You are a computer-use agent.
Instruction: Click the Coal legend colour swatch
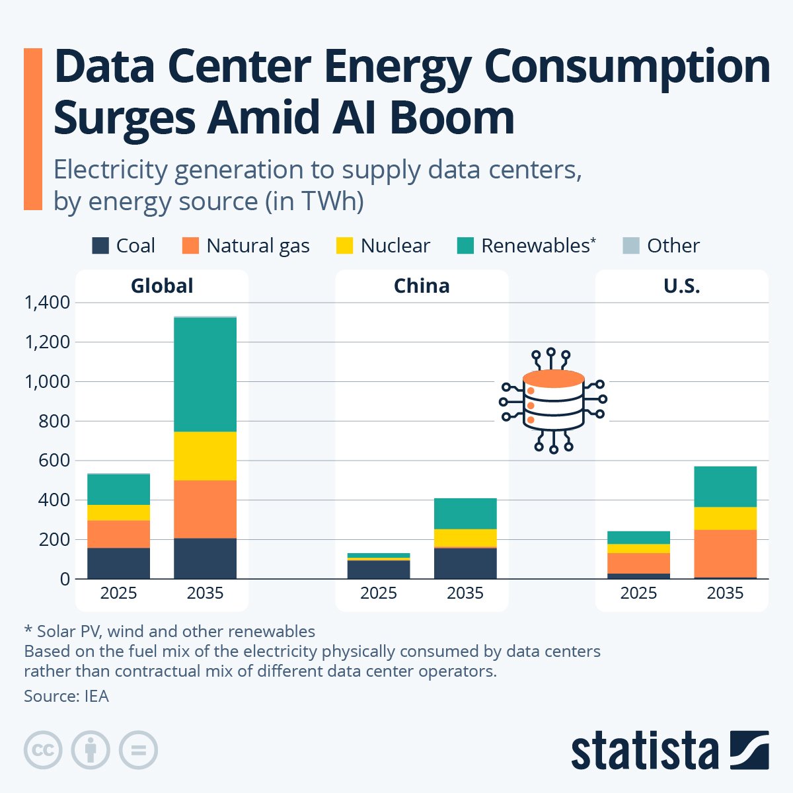(100, 246)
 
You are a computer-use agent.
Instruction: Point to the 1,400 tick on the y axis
(46, 303)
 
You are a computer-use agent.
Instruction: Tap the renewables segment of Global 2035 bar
(205, 375)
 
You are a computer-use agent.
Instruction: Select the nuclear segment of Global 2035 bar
(205, 456)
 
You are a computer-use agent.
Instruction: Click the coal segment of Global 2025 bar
(118, 563)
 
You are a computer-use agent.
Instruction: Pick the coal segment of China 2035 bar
(465, 563)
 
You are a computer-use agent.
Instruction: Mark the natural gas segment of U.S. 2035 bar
(725, 554)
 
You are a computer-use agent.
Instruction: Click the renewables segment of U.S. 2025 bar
(638, 537)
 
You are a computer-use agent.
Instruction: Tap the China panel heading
(422, 285)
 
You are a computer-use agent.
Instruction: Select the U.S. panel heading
(681, 285)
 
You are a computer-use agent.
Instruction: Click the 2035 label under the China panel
(465, 593)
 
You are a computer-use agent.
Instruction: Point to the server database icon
(553, 400)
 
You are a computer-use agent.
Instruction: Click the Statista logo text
(644, 751)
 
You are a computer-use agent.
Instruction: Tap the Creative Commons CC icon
(43, 750)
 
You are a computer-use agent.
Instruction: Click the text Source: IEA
(66, 696)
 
